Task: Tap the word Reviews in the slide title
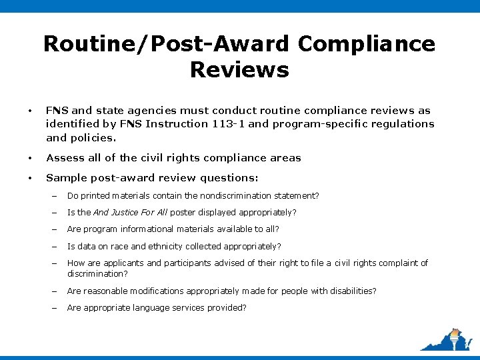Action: (x=239, y=69)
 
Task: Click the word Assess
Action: (x=65, y=158)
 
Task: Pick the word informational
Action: (x=151, y=229)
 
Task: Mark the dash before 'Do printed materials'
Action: (x=55, y=196)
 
